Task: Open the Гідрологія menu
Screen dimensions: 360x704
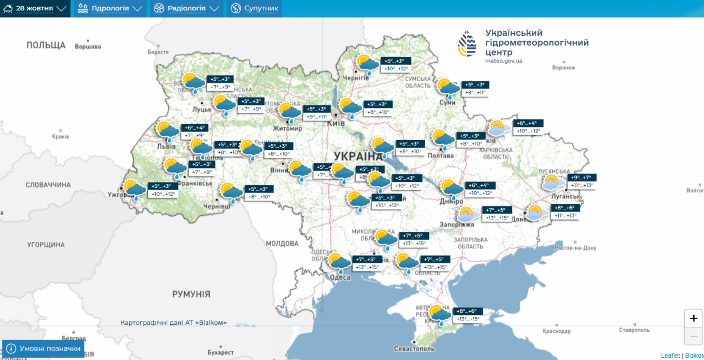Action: pos(109,9)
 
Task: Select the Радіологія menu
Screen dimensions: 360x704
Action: pos(186,9)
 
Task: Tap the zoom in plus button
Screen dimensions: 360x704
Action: pos(693,318)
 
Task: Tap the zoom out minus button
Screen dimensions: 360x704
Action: pos(693,336)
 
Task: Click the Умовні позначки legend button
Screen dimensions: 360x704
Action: pos(43,348)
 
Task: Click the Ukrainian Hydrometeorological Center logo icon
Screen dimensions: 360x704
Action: pos(468,44)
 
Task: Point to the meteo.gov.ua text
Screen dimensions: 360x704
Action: pos(503,60)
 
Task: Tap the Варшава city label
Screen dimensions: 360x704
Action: pos(88,47)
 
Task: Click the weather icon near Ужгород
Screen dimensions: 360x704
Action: pos(134,190)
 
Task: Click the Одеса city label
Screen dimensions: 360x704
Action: pos(340,278)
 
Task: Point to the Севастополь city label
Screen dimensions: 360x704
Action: pos(414,348)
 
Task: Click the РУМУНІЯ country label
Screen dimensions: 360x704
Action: pos(191,294)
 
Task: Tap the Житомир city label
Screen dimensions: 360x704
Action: pos(288,128)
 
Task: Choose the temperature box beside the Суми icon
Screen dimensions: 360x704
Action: pos(475,88)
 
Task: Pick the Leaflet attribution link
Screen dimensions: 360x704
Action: pos(670,356)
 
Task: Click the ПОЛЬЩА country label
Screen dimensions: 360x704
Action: pos(46,45)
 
